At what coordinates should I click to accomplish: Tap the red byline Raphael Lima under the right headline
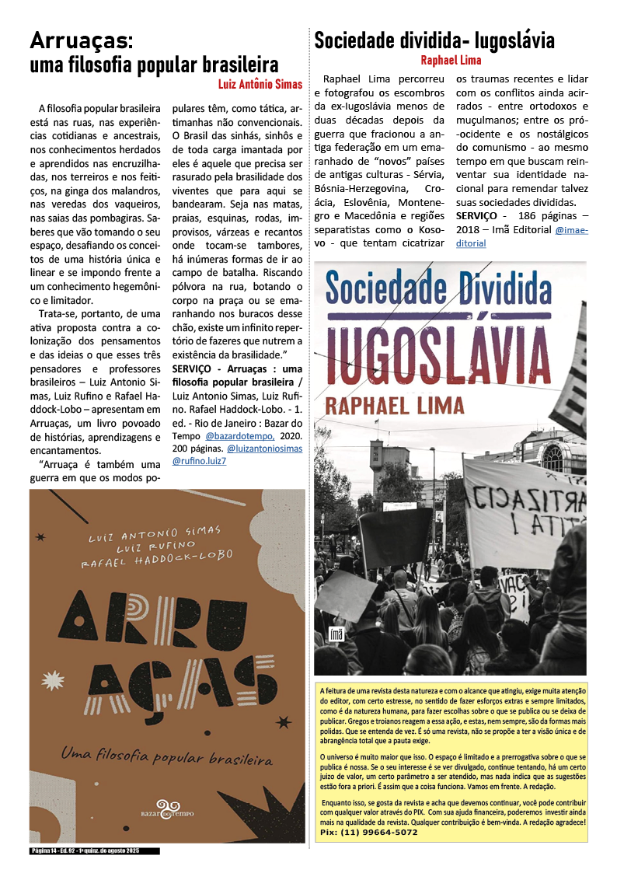pos(451,60)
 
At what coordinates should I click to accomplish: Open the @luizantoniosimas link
pos(264,449)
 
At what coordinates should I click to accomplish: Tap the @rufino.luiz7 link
pos(199,461)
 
